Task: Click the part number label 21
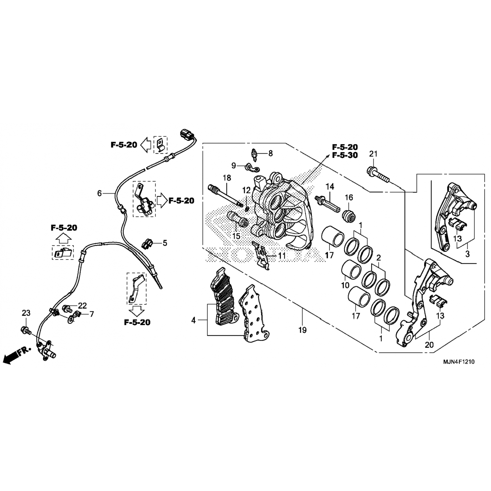coord(373,154)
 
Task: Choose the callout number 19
coord(302,330)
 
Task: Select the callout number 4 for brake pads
coord(193,320)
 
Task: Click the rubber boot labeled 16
coord(348,216)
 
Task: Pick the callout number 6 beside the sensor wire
coord(100,193)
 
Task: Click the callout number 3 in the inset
coord(467,253)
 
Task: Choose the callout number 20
coord(429,345)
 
